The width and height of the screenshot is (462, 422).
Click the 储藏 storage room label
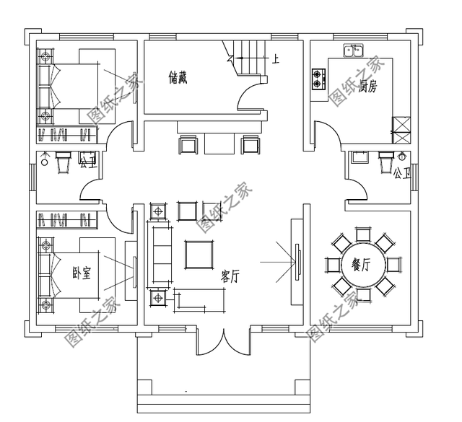pyautogui.click(x=178, y=77)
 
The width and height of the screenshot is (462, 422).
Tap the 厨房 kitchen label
pyautogui.click(x=368, y=87)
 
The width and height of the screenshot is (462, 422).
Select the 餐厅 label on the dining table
pyautogui.click(x=361, y=265)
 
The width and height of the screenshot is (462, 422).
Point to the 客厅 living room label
pyautogui.click(x=230, y=276)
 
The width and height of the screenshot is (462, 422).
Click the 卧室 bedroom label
pyautogui.click(x=82, y=273)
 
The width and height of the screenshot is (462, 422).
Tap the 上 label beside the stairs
pyautogui.click(x=276, y=59)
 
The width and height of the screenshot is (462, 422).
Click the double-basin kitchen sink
pyautogui.click(x=353, y=50)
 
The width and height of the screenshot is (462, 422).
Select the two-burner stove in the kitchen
pyautogui.click(x=319, y=79)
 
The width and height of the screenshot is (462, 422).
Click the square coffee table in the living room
pyautogui.click(x=199, y=255)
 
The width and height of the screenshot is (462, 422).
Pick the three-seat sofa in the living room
pyautogui.click(x=160, y=255)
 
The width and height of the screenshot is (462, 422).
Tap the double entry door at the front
pyautogui.click(x=224, y=343)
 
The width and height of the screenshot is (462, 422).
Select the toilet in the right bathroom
pyautogui.click(x=386, y=162)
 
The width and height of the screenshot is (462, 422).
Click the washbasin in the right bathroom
pyautogui.click(x=359, y=157)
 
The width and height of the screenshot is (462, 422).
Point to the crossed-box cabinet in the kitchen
pyautogui.click(x=401, y=130)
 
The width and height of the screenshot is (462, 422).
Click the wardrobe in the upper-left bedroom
pyautogui.click(x=67, y=135)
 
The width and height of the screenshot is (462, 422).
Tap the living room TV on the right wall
pyautogui.click(x=298, y=262)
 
